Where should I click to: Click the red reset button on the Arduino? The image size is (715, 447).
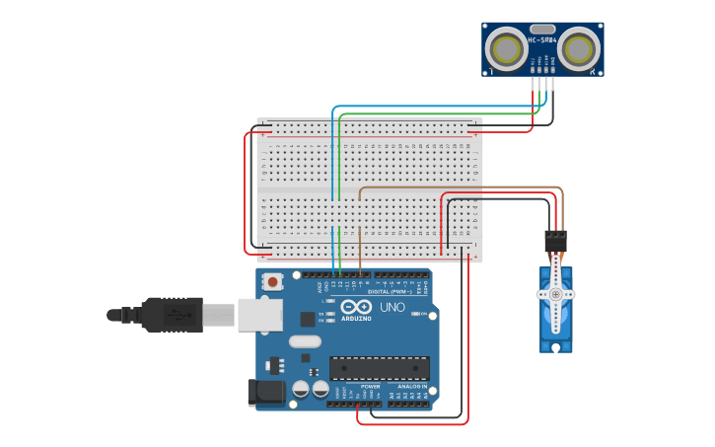point(272,282)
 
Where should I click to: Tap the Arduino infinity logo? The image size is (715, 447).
point(356,308)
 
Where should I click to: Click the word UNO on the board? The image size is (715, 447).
point(393,307)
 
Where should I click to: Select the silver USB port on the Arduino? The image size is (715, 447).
point(259,314)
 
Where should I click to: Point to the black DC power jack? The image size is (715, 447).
point(265,393)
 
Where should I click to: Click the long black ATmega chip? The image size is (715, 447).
point(380,368)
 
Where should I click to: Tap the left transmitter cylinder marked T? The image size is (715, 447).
point(508,48)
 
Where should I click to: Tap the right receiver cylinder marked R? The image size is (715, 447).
point(578,48)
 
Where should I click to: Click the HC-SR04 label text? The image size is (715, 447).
point(542,40)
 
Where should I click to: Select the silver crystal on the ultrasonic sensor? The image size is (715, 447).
point(542,30)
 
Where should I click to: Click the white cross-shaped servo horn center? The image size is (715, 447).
point(555,294)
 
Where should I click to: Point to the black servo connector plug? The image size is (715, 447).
point(555,242)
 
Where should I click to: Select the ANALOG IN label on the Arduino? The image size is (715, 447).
point(412,386)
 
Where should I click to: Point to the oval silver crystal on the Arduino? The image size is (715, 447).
point(305,341)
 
